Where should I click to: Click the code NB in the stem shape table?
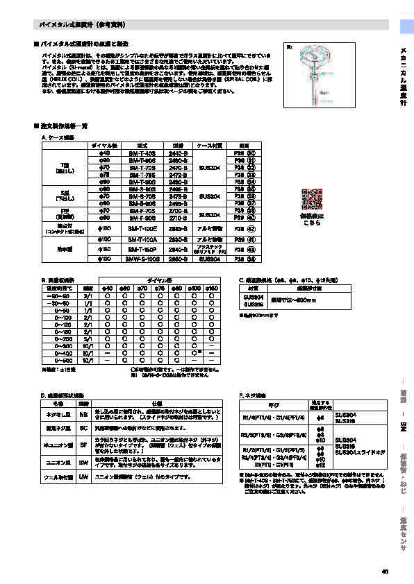(83, 414)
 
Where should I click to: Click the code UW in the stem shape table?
(83, 478)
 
